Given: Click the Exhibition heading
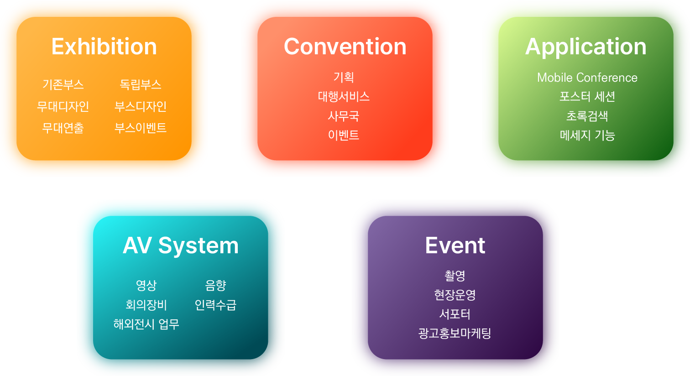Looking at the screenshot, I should (104, 47).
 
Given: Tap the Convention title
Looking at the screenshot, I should (345, 47).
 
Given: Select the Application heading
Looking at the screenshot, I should (586, 47).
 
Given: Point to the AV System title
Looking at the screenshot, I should (181, 245).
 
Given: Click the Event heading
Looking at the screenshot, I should (455, 245).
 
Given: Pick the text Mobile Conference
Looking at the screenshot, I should (587, 78).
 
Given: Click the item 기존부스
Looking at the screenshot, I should (63, 84).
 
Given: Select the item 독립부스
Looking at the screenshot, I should (141, 84).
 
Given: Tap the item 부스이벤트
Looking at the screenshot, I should (141, 128).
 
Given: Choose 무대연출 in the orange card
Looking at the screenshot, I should (63, 128).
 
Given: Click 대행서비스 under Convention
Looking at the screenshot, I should (344, 97).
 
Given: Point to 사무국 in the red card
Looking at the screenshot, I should (344, 116).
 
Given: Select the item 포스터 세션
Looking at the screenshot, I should (587, 97).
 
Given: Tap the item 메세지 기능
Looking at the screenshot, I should (587, 136).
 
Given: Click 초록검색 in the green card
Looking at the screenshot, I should (587, 116).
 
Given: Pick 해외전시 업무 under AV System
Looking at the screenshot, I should (146, 324).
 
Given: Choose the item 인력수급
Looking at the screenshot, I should (215, 305).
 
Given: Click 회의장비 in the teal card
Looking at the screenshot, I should (146, 305).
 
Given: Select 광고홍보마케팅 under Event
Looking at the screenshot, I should (455, 333).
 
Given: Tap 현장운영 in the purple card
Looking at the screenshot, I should (455, 295).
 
